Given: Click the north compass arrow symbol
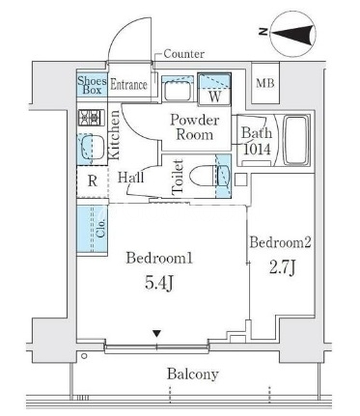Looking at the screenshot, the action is [292, 33].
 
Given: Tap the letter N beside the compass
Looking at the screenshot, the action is [263, 32].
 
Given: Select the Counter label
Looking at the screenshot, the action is [183, 54].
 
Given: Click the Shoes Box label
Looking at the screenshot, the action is [92, 85].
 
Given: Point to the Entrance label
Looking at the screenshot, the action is [128, 85].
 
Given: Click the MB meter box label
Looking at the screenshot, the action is [265, 83].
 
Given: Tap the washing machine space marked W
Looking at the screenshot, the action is [214, 89].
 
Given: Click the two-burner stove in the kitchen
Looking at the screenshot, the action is [92, 118].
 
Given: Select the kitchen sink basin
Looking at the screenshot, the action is [93, 147].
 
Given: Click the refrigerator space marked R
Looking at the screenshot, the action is [93, 181].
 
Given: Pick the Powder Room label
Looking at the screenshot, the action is [195, 127].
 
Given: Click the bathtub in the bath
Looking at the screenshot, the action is [295, 140].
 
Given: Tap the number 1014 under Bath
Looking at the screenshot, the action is [258, 150].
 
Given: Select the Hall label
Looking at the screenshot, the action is [130, 178].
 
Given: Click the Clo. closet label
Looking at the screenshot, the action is [100, 228].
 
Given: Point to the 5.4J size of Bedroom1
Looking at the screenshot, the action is [159, 284].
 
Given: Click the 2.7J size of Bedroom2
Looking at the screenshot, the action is [282, 267].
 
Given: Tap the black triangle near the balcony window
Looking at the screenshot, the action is [156, 334].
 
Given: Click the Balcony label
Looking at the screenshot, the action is [193, 374].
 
